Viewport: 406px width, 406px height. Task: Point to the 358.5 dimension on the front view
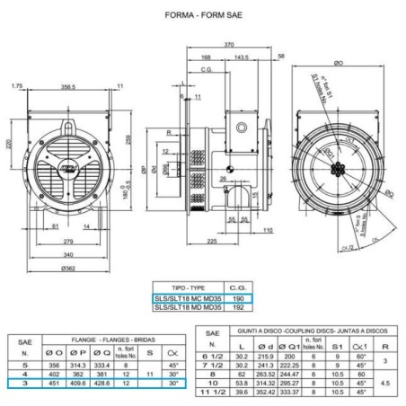click(67, 86)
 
